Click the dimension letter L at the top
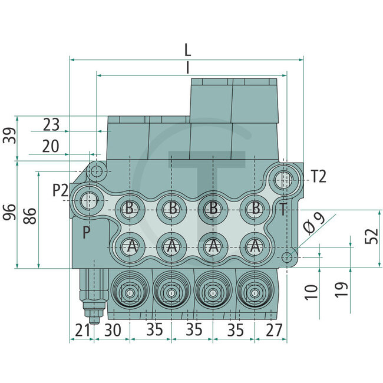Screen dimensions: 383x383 187,49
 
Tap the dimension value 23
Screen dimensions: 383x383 52,124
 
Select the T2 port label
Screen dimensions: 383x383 318,175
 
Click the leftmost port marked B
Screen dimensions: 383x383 130,207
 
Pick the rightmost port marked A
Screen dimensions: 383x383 255,246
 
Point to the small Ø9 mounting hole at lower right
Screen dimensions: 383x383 287,257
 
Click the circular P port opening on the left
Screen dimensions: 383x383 90,200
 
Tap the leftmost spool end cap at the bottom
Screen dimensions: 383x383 129,293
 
